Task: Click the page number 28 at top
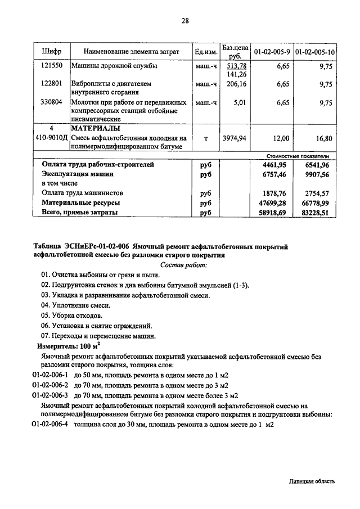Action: pos(185,21)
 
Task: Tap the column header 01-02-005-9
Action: pos(272,52)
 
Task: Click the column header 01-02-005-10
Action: pos(316,52)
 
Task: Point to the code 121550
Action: pos(52,66)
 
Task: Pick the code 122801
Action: pos(52,84)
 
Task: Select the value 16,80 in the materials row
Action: pos(322,138)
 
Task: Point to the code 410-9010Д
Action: pos(52,138)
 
